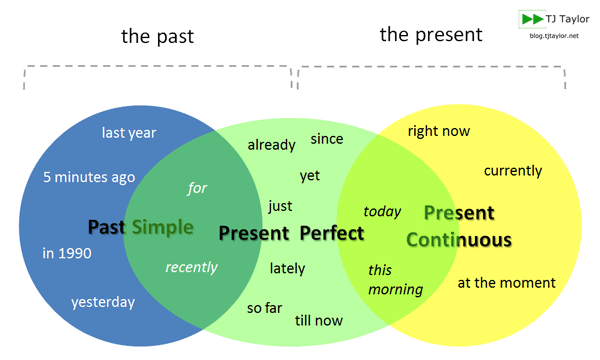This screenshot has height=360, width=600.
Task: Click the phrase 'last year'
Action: click(129, 132)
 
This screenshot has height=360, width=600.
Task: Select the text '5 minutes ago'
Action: click(88, 177)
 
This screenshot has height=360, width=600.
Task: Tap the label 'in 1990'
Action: click(67, 253)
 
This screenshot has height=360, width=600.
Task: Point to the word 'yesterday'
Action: click(102, 302)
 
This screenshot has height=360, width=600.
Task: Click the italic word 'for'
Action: click(198, 187)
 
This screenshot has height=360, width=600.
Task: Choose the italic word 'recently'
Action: click(191, 268)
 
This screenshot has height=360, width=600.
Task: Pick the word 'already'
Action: click(272, 144)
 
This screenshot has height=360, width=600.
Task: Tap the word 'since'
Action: click(327, 138)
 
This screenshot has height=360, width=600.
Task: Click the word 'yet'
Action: click(310, 176)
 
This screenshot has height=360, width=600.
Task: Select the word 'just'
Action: click(280, 206)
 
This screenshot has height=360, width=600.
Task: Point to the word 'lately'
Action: click(287, 268)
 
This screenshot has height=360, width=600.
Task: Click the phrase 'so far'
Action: click(264, 307)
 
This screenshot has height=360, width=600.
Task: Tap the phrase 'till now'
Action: click(319, 320)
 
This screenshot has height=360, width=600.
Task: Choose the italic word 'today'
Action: click(382, 211)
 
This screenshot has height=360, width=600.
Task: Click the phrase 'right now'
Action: click(439, 131)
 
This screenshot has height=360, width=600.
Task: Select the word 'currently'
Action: click(513, 170)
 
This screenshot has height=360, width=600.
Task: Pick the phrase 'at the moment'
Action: click(506, 282)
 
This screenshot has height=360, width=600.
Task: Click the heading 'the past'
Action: click(157, 36)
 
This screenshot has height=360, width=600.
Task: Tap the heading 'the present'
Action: click(431, 34)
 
